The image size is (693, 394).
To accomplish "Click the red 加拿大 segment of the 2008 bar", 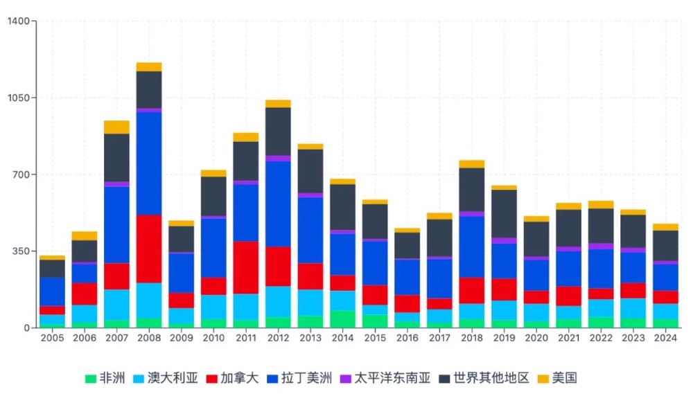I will pyautogui.click(x=149, y=249).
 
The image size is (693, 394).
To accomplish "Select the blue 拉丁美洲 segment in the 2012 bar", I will pyautogui.click(x=278, y=204).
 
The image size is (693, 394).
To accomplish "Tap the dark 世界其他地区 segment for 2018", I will pyautogui.click(x=471, y=189).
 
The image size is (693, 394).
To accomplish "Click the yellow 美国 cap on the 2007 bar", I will pyautogui.click(x=116, y=127).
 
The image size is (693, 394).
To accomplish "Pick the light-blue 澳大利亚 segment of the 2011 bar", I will pyautogui.click(x=245, y=307).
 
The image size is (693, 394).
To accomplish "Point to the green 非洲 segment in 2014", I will pyautogui.click(x=342, y=319).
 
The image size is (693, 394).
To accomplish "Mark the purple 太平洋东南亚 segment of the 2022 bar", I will pyautogui.click(x=600, y=246).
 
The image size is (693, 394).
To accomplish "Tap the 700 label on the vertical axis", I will pyautogui.click(x=21, y=174).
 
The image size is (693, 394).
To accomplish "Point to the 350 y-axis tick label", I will pyautogui.click(x=21, y=251).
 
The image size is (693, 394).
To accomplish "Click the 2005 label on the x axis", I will pyautogui.click(x=52, y=339).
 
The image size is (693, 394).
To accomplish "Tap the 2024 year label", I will pyautogui.click(x=665, y=339).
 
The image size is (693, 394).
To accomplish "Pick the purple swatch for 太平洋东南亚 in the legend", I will pyautogui.click(x=345, y=379).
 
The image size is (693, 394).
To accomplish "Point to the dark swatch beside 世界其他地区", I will pyautogui.click(x=444, y=379).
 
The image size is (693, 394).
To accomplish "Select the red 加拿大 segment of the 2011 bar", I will pyautogui.click(x=245, y=267).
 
